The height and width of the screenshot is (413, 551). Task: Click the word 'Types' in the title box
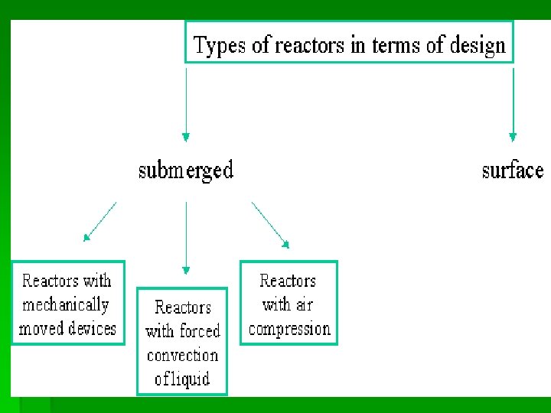pos(220,45)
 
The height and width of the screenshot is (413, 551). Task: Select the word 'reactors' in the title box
pos(309,45)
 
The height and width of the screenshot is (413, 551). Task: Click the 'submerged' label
pos(186,170)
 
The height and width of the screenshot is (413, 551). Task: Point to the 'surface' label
pos(513,170)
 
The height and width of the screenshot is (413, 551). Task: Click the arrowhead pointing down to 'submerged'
pos(185,137)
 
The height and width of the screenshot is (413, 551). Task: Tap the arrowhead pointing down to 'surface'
pos(513,137)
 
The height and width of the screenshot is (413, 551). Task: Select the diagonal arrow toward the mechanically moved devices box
pos(100,221)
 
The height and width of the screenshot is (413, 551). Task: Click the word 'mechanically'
pos(66,304)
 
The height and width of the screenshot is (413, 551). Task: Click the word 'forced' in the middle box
pos(200,331)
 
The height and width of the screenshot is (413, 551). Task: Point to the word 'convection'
pos(182,355)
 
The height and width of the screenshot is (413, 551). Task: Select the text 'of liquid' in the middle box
pos(182,379)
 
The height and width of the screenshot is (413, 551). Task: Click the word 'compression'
pos(289,329)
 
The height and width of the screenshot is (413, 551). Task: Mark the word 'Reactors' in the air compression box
pos(288,281)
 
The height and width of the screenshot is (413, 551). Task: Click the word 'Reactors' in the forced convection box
pos(182,307)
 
